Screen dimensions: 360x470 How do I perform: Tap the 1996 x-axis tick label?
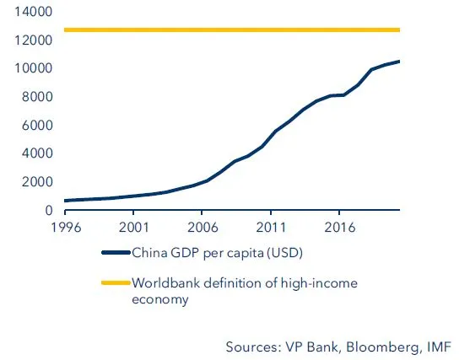66,227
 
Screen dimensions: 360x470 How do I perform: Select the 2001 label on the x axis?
134,227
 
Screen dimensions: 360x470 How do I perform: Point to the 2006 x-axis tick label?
203,227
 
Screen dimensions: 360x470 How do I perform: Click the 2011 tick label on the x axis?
271,227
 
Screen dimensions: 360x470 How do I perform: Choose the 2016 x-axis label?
339,227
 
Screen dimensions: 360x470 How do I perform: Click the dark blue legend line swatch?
116,252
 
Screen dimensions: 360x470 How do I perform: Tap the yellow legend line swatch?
116,283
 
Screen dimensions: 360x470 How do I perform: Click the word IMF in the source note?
437,347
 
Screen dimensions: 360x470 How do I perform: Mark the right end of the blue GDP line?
399,62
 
